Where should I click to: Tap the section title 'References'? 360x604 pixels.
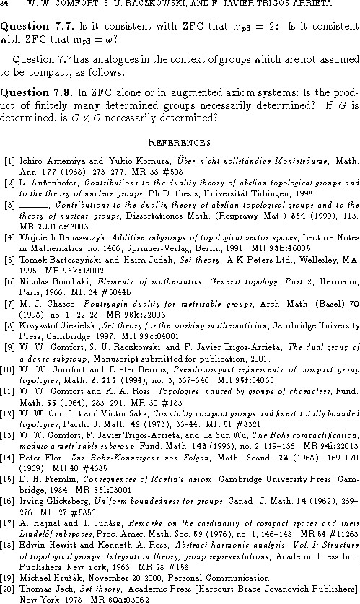point(180,141)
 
